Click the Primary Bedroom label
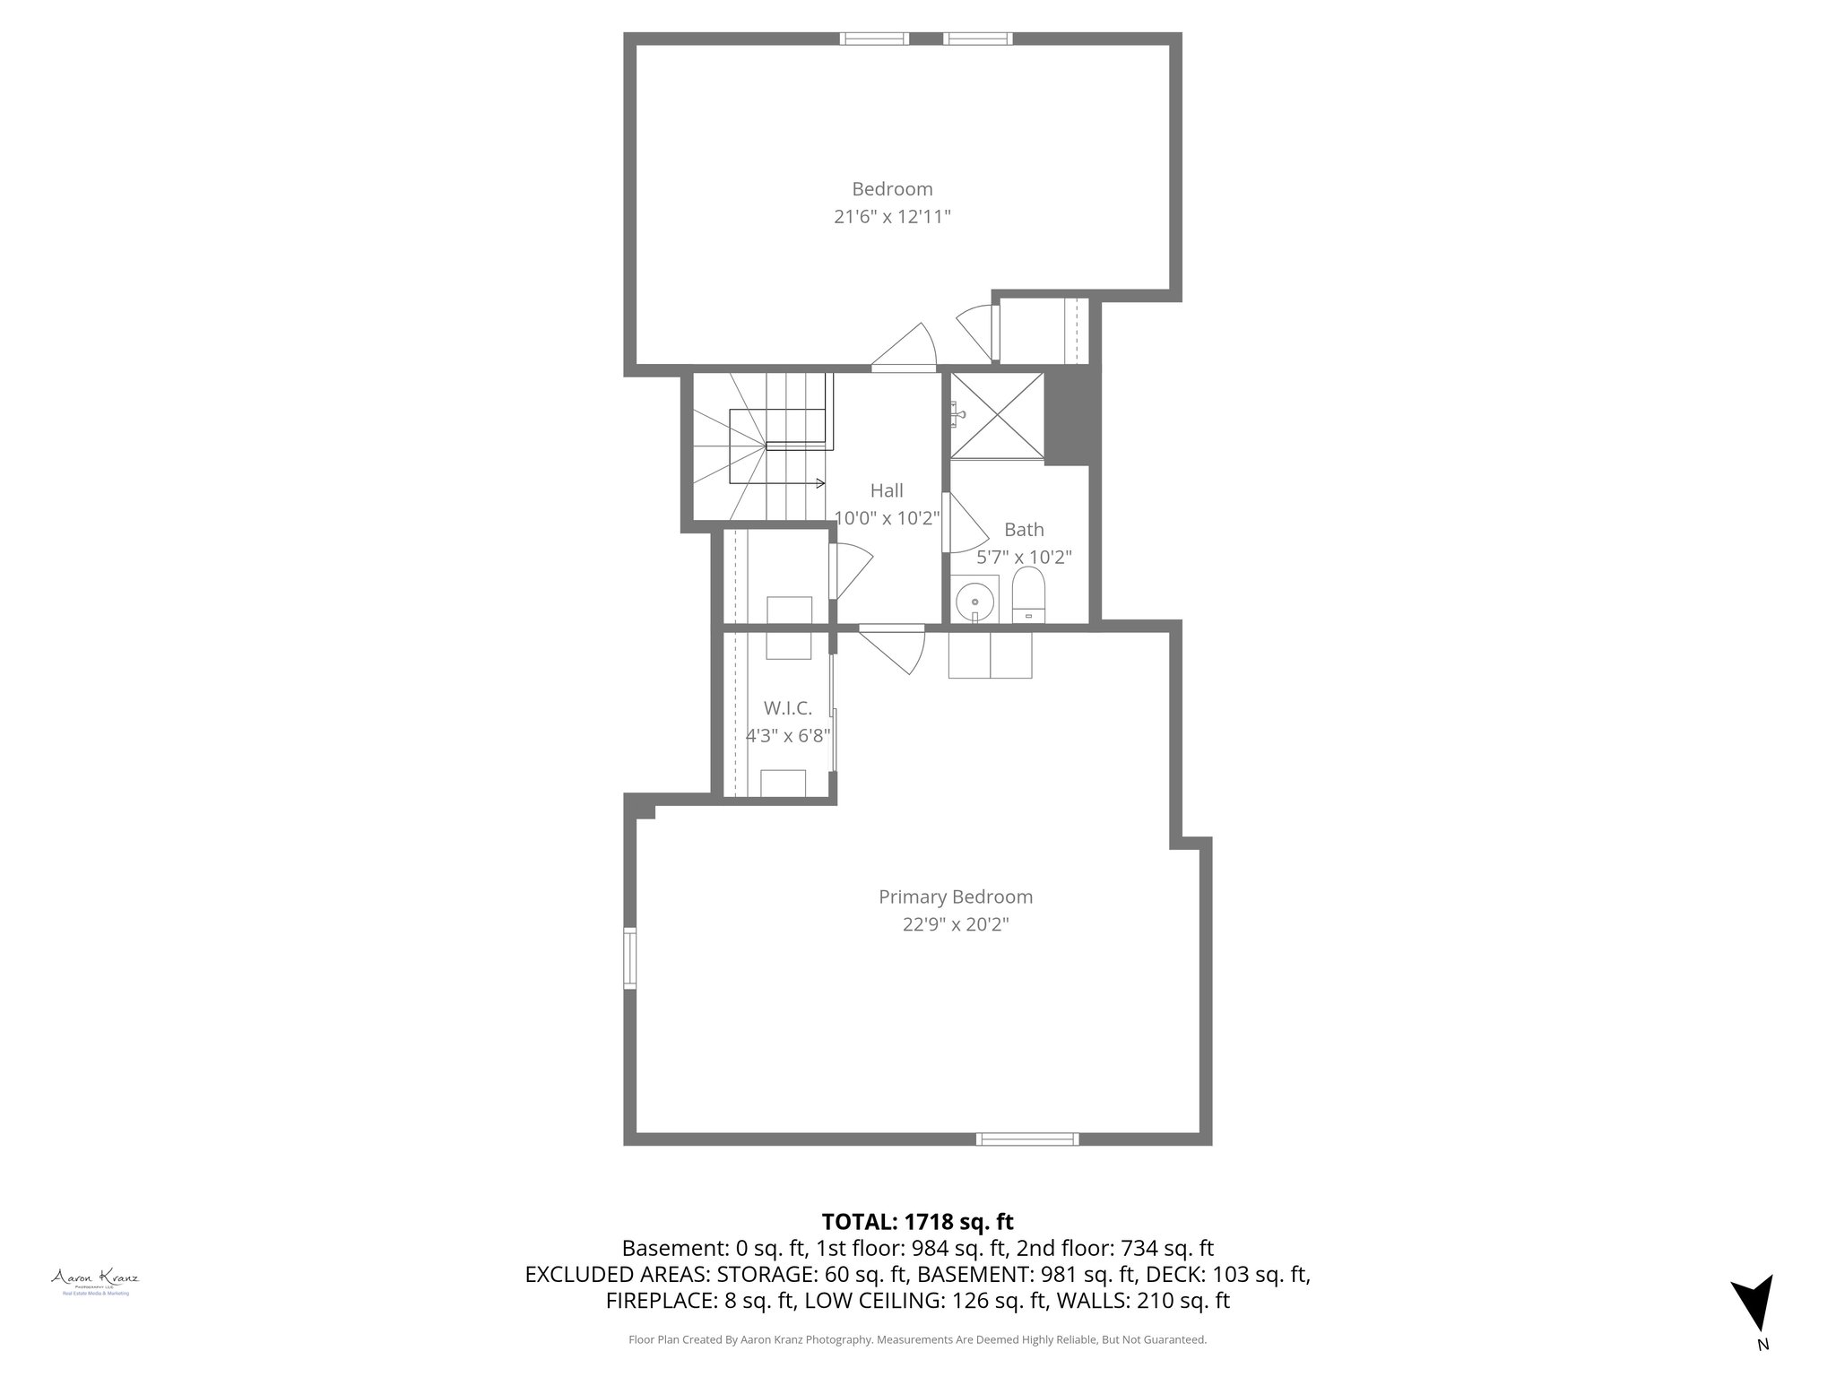(955, 896)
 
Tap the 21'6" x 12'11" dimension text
(891, 217)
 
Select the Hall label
(887, 490)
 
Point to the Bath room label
(1024, 529)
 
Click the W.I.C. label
(788, 708)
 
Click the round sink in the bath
(974, 600)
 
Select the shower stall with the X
(997, 415)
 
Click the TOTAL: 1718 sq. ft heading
(917, 1221)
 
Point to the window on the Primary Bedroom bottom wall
(1027, 1139)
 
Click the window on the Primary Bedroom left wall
(630, 958)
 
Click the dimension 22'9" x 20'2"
(955, 924)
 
